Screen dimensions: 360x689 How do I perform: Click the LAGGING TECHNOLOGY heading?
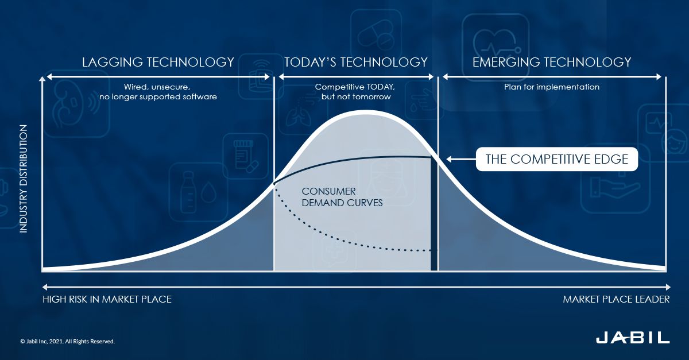pyautogui.click(x=158, y=62)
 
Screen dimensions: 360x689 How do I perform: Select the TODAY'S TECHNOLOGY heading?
pyautogui.click(x=356, y=62)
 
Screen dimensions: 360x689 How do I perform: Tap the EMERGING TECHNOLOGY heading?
pyautogui.click(x=552, y=62)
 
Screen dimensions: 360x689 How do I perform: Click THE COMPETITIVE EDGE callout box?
pyautogui.click(x=557, y=159)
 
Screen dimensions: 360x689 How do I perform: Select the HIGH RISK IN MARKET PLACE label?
pyautogui.click(x=107, y=299)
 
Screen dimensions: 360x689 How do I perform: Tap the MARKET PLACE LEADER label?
pyautogui.click(x=616, y=299)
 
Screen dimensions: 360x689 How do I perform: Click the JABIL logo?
pyautogui.click(x=632, y=337)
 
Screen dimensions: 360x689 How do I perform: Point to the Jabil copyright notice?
pyautogui.click(x=68, y=341)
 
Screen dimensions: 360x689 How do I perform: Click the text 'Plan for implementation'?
pyautogui.click(x=552, y=87)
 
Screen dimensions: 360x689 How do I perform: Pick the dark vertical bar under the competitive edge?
pyautogui.click(x=434, y=212)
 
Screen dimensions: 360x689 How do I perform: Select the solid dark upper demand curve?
pyautogui.click(x=356, y=158)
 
